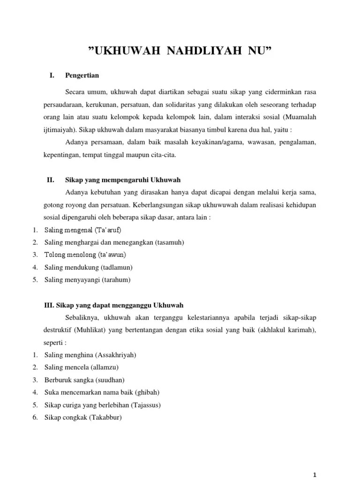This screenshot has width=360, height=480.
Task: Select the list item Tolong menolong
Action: [70, 255]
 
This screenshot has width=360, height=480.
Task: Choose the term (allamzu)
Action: [107, 367]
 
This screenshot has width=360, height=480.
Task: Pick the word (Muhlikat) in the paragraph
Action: [89, 330]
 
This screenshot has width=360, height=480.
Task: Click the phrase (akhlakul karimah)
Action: [290, 330]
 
